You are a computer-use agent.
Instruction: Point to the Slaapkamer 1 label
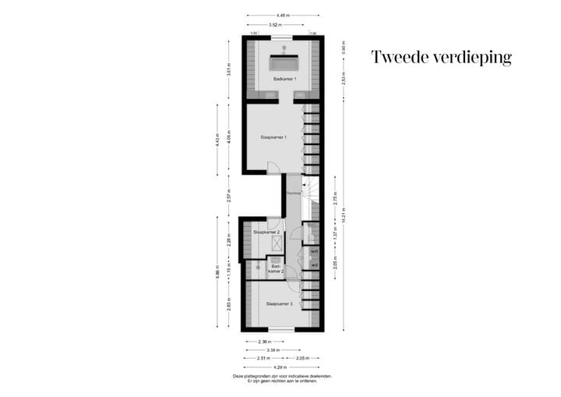(x=273, y=136)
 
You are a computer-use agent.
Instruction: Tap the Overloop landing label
(x=294, y=192)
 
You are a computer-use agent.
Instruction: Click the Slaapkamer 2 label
(x=266, y=232)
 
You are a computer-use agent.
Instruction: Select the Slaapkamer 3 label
(x=279, y=303)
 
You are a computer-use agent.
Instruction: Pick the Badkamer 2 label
(x=275, y=268)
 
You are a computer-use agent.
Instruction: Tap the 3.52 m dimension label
(x=275, y=25)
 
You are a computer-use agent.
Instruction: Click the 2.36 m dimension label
(x=265, y=341)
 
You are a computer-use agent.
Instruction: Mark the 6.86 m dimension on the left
(x=218, y=277)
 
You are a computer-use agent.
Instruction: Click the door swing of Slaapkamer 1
(x=272, y=168)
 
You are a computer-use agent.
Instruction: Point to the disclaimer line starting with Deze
(x=282, y=376)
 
